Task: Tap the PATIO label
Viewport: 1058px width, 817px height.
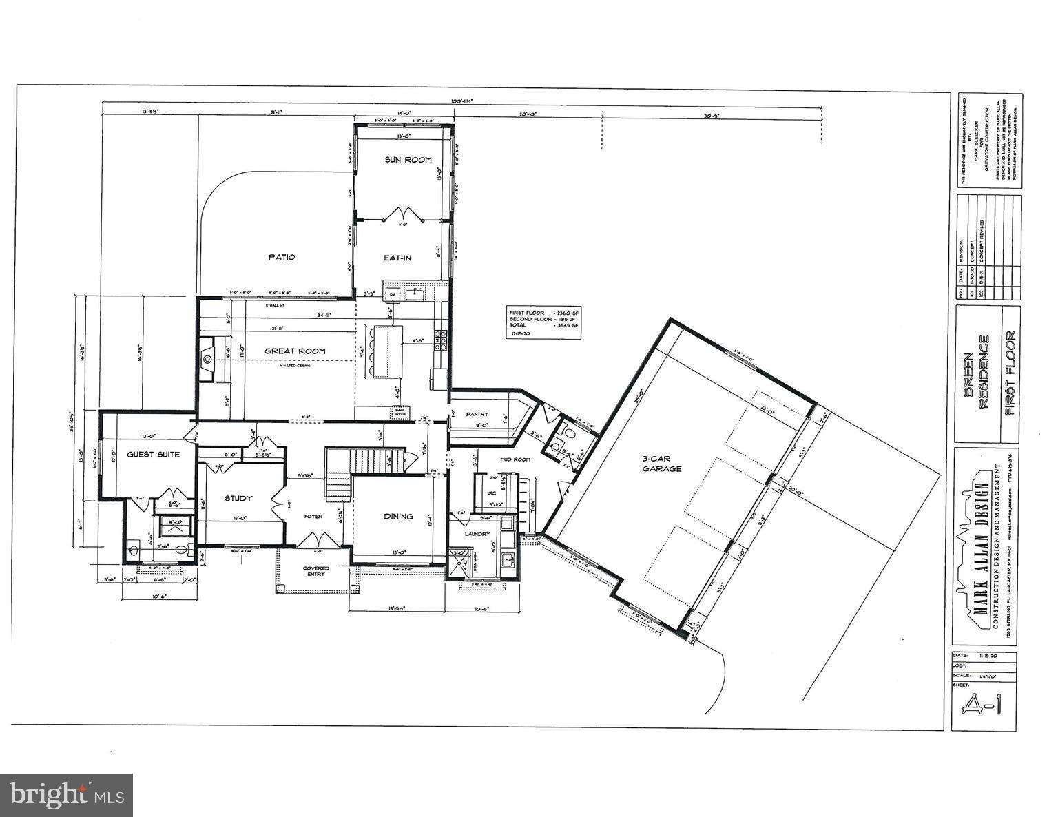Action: [x=281, y=257]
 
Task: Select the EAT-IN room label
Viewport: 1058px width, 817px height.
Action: [x=397, y=258]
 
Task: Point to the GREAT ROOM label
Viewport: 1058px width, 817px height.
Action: [x=295, y=351]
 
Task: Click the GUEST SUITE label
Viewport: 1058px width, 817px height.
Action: [x=153, y=455]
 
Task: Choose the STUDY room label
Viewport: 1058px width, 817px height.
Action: [x=239, y=498]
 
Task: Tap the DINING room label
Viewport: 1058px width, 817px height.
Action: [x=398, y=516]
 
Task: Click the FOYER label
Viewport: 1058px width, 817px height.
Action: [x=313, y=516]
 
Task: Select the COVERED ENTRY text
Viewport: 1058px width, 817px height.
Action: [x=316, y=572]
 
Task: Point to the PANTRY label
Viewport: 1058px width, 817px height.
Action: [x=476, y=414]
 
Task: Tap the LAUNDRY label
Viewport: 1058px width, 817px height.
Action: [x=477, y=534]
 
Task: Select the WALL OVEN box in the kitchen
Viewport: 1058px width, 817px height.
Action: [x=399, y=412]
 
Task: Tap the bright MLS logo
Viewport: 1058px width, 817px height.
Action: [x=67, y=796]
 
